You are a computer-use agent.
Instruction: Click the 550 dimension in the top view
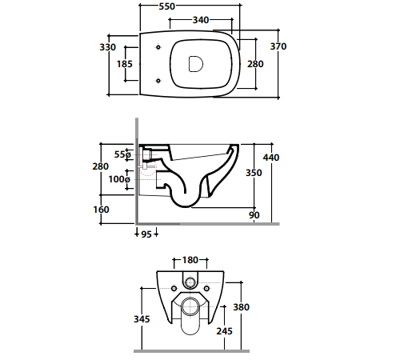(x=167, y=6)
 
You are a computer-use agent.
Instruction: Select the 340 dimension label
(x=201, y=20)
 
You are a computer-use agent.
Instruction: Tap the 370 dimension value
(x=278, y=46)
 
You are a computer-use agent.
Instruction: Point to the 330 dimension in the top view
(x=108, y=47)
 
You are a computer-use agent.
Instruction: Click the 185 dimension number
(x=125, y=64)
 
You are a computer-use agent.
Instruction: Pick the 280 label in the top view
(x=255, y=64)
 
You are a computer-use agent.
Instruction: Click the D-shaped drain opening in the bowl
(x=196, y=64)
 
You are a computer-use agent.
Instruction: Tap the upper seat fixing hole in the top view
(x=158, y=47)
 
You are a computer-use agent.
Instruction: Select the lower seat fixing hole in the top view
(x=158, y=80)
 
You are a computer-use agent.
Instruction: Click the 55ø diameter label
(x=122, y=154)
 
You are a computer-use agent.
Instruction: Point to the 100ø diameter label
(x=119, y=179)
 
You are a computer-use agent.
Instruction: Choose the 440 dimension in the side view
(x=271, y=158)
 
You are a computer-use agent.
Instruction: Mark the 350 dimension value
(x=254, y=173)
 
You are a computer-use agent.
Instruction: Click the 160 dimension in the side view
(x=101, y=210)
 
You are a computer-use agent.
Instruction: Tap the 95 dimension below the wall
(x=146, y=234)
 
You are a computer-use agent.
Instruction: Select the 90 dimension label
(x=254, y=215)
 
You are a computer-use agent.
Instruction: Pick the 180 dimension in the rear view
(x=190, y=260)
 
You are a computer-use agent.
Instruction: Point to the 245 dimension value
(x=225, y=331)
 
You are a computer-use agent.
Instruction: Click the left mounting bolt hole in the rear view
(x=174, y=289)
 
